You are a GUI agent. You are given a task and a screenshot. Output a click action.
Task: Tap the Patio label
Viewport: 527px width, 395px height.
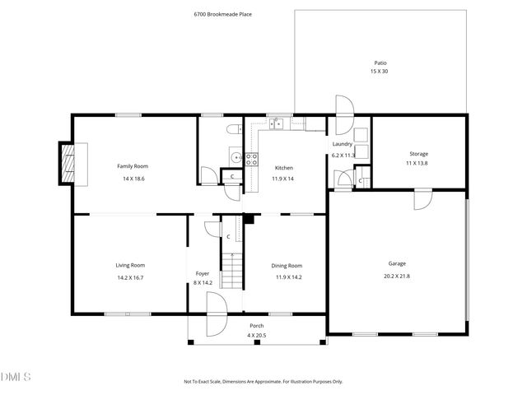380,63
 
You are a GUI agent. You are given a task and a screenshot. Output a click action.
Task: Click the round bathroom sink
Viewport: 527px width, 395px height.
236,156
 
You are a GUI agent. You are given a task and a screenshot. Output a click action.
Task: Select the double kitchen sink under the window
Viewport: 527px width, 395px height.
277,124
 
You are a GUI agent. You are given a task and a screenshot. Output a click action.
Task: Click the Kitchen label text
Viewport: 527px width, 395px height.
284,167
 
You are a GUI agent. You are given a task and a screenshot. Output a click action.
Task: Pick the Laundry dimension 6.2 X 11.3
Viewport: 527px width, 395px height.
343,155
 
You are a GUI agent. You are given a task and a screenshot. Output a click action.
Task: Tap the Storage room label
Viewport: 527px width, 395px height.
419,153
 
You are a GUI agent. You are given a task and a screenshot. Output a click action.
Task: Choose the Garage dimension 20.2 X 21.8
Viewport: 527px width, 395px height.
397,276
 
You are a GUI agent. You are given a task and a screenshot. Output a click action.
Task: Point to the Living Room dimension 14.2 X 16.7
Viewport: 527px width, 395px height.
130,277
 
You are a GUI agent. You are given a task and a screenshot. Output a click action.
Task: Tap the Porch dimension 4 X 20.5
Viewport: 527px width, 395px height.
257,336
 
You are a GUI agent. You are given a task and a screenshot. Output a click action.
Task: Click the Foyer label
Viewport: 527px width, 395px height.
202,273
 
